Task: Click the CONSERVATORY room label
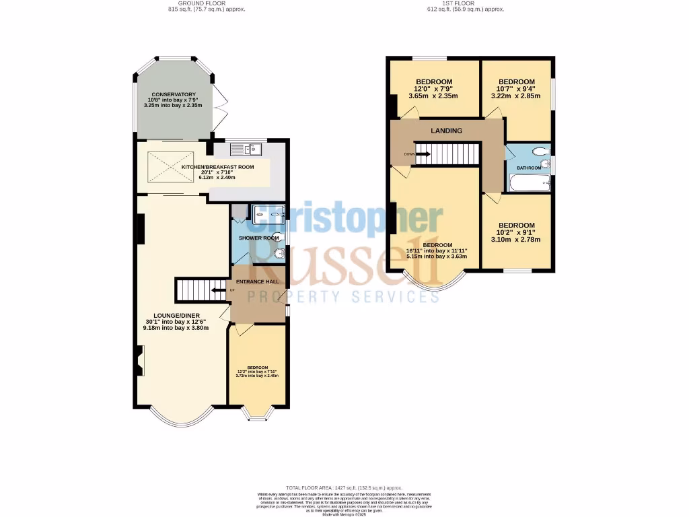174,94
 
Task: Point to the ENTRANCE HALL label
258,281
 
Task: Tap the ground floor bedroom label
256,368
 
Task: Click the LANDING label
447,131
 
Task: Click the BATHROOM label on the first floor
530,167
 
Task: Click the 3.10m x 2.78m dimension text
516,239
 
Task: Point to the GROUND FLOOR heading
206,3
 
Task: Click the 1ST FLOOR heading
465,3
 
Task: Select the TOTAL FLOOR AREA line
344,487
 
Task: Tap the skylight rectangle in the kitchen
166,166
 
